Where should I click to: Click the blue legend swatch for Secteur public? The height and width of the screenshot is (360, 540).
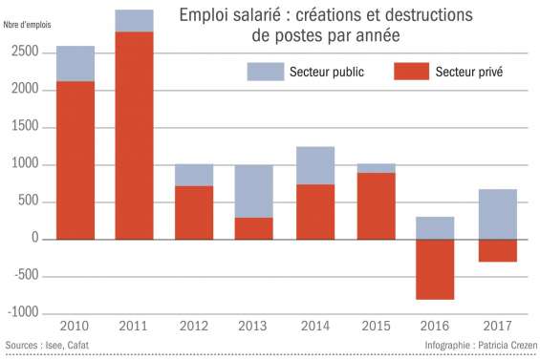[x=265, y=72]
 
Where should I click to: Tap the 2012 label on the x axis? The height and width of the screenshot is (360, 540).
[x=193, y=327]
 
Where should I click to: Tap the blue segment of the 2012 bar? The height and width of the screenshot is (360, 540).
[x=193, y=175]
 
